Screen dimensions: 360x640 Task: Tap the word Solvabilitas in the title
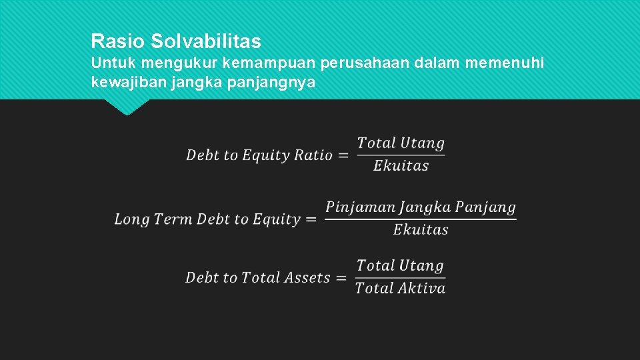[x=206, y=41]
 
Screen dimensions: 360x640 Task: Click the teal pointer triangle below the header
[x=127, y=107]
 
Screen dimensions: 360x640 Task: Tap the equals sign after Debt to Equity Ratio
[x=343, y=155]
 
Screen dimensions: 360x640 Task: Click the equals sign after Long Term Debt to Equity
[x=311, y=219]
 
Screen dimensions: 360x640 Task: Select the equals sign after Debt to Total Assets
[x=341, y=278]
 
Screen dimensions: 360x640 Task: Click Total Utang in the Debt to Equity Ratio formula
[x=401, y=143]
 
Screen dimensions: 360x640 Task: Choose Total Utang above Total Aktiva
[x=400, y=265]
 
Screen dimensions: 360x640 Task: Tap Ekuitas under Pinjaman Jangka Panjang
[x=421, y=230]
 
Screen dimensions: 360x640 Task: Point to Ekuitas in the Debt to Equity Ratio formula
[x=401, y=166]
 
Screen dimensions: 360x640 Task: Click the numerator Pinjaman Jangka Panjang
[x=421, y=207]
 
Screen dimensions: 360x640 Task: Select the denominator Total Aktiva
[x=400, y=288]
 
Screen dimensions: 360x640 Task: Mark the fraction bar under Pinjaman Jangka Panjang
[x=421, y=219]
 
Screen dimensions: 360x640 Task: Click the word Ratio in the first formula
[x=313, y=155]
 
